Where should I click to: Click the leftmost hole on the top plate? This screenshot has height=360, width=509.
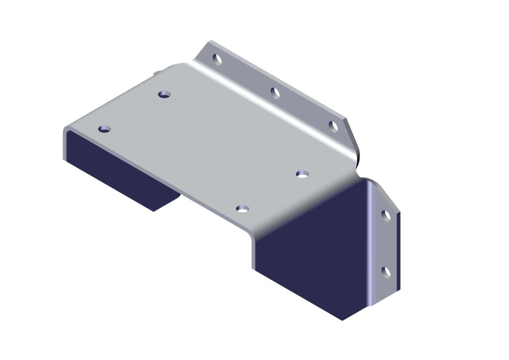point(104,129)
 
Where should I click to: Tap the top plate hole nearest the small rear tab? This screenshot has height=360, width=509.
point(164,94)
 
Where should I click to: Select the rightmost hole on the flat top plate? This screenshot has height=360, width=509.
point(302,174)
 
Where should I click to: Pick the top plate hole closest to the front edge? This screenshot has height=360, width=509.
point(242,209)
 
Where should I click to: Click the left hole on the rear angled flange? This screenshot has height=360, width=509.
point(217,59)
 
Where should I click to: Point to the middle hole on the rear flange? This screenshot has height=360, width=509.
point(275,93)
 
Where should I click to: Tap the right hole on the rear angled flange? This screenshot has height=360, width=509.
point(333,126)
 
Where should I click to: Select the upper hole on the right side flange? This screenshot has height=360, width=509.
point(386,215)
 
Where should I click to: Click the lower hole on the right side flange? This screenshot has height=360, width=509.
point(386,272)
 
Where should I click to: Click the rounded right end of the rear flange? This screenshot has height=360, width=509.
point(354,145)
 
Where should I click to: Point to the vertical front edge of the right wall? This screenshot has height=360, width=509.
point(253,252)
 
